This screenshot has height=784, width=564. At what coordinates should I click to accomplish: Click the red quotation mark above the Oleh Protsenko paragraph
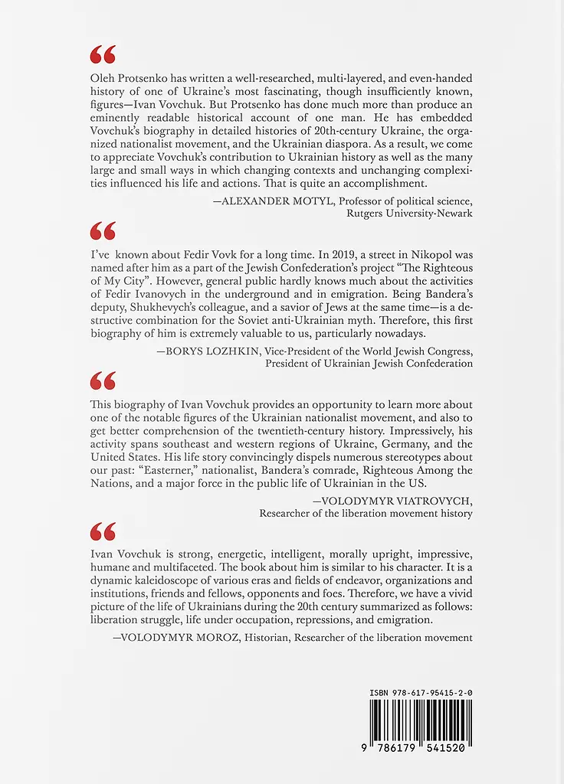pos(103,54)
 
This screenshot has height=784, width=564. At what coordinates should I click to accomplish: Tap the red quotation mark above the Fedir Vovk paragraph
pos(103,230)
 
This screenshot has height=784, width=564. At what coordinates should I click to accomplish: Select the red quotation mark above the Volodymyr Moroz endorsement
pos(103,531)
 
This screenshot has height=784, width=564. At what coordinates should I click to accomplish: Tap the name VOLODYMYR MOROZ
pos(170,637)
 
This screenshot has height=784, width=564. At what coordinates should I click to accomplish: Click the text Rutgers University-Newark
pos(410,214)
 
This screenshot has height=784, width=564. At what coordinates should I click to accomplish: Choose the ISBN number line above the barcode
pos(421,693)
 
